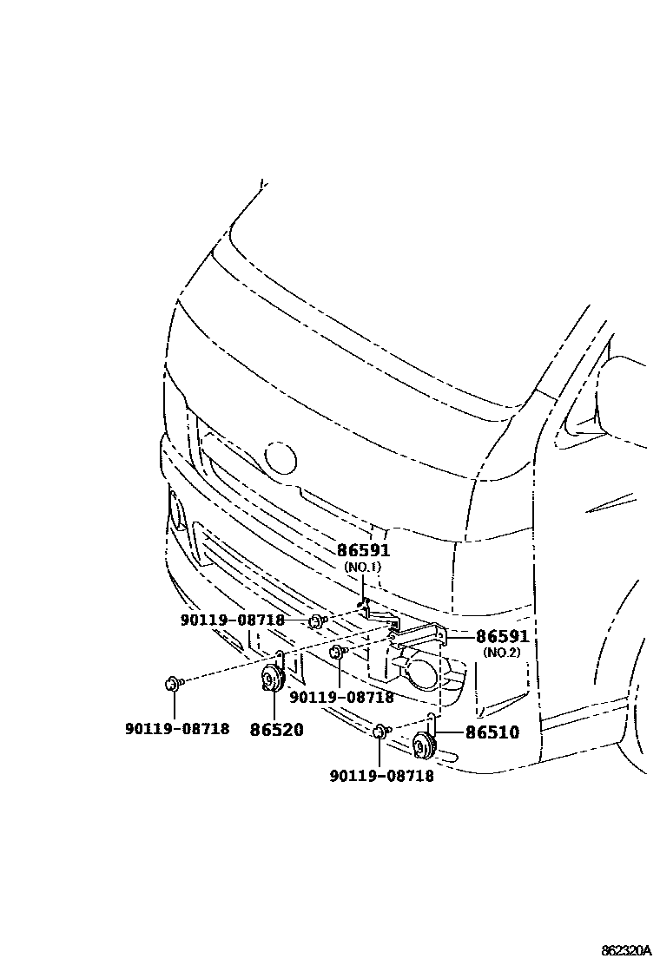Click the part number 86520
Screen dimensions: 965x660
click(277, 730)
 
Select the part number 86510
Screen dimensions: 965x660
click(492, 732)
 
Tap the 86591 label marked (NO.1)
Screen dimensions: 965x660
click(363, 550)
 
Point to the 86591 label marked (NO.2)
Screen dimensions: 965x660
click(502, 637)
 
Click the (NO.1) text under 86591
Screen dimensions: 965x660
click(363, 567)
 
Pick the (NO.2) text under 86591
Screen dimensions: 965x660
click(502, 653)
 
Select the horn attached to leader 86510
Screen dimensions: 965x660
click(425, 745)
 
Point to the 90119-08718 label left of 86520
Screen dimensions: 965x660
click(176, 729)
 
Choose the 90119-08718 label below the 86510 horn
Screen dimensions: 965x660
click(381, 776)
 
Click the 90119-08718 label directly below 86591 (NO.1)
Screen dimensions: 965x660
click(233, 620)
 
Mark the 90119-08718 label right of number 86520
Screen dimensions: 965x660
click(341, 696)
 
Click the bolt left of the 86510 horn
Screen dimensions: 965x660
click(379, 733)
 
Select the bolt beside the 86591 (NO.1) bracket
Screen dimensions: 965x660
click(316, 620)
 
